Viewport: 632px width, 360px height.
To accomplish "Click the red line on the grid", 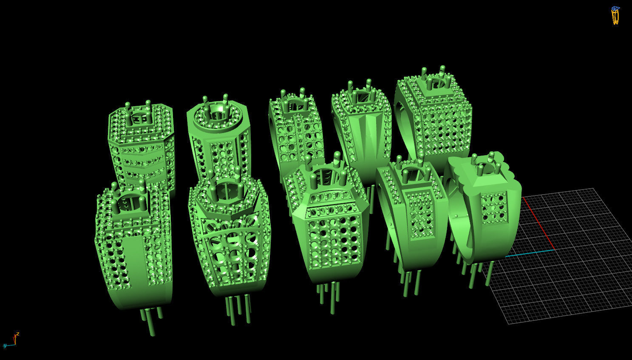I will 538,223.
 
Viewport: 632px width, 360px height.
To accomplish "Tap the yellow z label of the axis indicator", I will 17,334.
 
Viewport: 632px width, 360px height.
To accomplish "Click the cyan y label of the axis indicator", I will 4,346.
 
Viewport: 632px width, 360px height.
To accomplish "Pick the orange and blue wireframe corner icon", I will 615,15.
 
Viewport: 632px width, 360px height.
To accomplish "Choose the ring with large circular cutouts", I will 230,242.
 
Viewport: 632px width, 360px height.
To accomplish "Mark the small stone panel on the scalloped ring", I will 494,207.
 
